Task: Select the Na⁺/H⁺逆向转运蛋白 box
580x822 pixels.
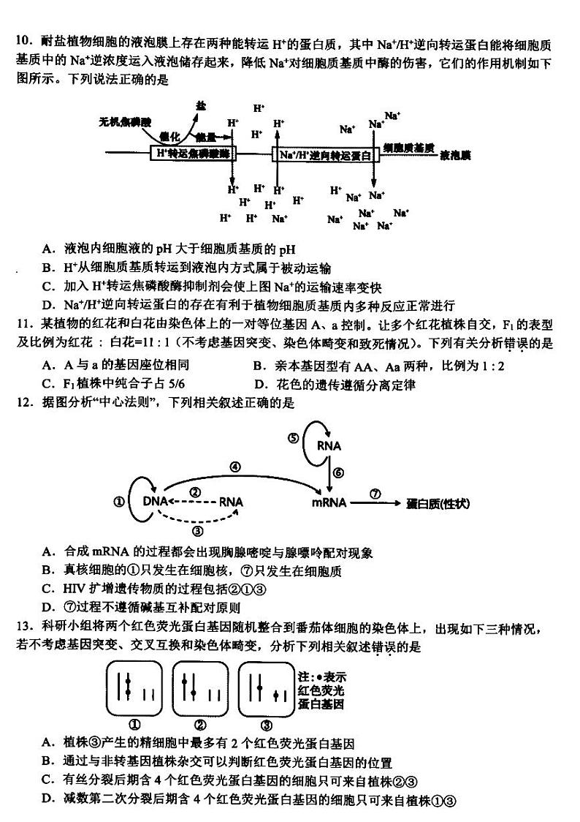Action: [x=326, y=154]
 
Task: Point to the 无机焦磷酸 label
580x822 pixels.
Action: [x=124, y=121]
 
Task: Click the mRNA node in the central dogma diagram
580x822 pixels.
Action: [x=328, y=503]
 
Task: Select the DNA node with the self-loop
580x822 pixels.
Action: [x=155, y=502]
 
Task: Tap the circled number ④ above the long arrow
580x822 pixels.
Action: [x=235, y=467]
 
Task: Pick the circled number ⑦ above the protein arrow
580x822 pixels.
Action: [x=375, y=494]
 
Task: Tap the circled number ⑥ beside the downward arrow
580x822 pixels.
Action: [x=338, y=473]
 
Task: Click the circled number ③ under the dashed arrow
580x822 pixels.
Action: [x=196, y=531]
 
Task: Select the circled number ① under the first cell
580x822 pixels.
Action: [x=134, y=725]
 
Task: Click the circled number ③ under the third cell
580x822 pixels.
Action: [x=267, y=725]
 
